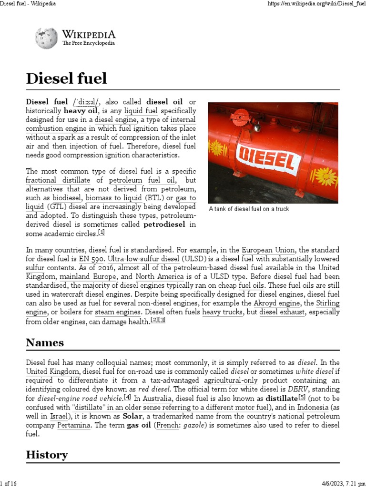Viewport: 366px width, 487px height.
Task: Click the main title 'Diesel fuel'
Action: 66,78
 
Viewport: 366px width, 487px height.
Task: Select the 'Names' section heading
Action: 45,342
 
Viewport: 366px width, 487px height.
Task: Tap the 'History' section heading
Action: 47,455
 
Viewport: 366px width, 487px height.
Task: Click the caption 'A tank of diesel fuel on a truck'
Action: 249,209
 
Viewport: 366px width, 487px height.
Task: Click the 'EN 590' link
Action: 91,259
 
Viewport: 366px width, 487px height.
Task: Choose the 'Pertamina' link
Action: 74,425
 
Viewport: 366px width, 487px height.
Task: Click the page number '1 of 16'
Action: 9,483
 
